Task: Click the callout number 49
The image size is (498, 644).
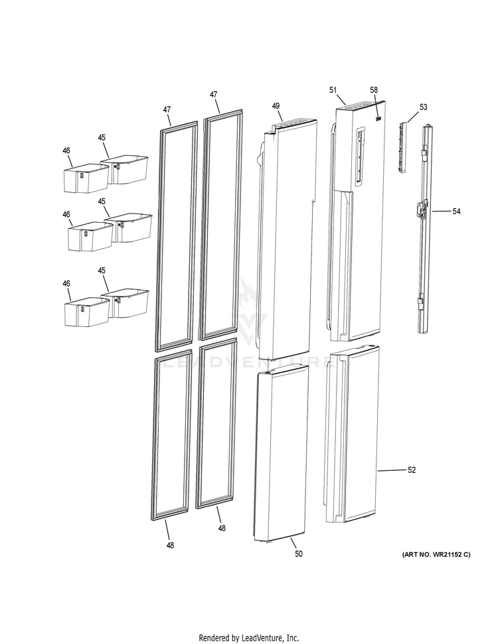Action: tap(276, 106)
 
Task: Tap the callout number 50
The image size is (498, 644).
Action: tap(298, 553)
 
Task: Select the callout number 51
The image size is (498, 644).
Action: tap(333, 90)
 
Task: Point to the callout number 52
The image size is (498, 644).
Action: tap(412, 470)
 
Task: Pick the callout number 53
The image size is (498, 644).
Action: tap(423, 107)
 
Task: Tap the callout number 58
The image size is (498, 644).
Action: tap(374, 90)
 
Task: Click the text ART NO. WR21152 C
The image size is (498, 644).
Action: tap(436, 554)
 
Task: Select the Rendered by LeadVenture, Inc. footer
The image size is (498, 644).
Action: tap(249, 637)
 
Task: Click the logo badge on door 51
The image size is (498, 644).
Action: tap(377, 119)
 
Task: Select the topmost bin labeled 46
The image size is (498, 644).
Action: tap(85, 178)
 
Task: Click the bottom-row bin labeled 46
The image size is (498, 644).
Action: tap(85, 312)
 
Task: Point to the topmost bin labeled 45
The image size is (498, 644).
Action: tap(126, 169)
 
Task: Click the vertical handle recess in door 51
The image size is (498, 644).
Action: tap(359, 156)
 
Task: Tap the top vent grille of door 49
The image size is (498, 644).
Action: tap(291, 123)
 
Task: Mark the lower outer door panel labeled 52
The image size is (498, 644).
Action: tap(355, 438)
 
